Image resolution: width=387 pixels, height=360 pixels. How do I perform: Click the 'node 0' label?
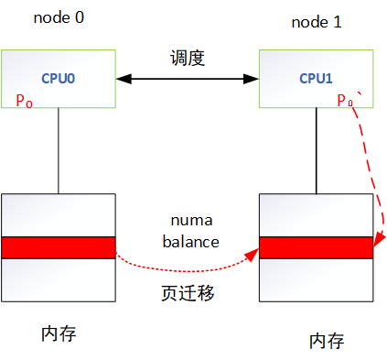(58, 17)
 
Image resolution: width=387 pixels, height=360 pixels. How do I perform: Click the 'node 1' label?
(317, 20)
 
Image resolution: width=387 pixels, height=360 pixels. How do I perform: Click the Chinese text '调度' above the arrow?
(188, 59)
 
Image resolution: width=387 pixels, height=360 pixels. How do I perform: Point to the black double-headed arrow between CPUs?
(188, 81)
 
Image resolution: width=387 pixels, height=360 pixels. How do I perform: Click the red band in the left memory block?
(59, 247)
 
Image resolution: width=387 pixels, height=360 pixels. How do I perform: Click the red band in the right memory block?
(317, 247)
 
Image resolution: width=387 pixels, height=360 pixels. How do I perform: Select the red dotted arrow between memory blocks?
(183, 272)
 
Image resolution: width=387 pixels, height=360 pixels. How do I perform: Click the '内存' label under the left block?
(59, 333)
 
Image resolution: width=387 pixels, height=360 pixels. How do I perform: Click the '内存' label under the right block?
(326, 341)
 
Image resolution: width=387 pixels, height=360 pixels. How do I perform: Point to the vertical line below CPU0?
(59, 151)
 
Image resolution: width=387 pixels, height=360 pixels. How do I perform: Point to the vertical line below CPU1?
(317, 151)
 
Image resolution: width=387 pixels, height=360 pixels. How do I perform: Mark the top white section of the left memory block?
(59, 215)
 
